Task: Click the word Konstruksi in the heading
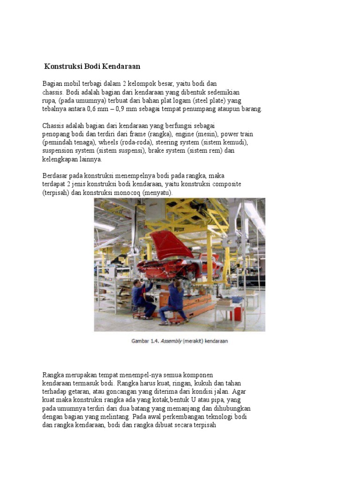pos(63,67)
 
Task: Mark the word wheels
pos(108,142)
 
